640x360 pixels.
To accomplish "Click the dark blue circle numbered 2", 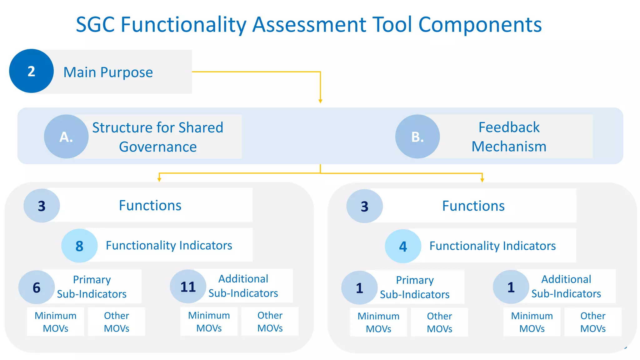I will tap(31, 71).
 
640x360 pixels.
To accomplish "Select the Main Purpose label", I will tap(108, 72).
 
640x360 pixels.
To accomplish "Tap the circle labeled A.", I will tap(66, 137).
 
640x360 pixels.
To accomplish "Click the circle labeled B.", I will tap(417, 137).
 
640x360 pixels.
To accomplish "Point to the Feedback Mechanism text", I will tap(509, 137).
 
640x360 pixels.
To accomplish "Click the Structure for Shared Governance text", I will tap(158, 137).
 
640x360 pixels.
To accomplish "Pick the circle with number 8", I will tap(79, 246).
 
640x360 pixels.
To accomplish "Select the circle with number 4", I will tap(403, 246).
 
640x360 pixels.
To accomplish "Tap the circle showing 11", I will tap(188, 287).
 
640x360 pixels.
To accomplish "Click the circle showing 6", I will tap(37, 287).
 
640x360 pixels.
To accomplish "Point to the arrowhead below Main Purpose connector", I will tap(320, 101).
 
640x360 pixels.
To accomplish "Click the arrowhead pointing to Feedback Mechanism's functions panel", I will tap(482, 180).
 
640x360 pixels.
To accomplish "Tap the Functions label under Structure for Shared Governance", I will tap(150, 205).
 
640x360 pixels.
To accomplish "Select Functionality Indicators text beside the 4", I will tap(492, 246).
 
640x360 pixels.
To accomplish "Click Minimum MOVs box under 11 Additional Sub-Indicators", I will tap(209, 322).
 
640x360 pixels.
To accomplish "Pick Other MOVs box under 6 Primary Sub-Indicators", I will tap(116, 322).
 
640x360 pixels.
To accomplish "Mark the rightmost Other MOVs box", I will tap(593, 322).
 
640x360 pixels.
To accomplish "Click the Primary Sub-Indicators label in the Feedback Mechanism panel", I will tap(415, 287).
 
